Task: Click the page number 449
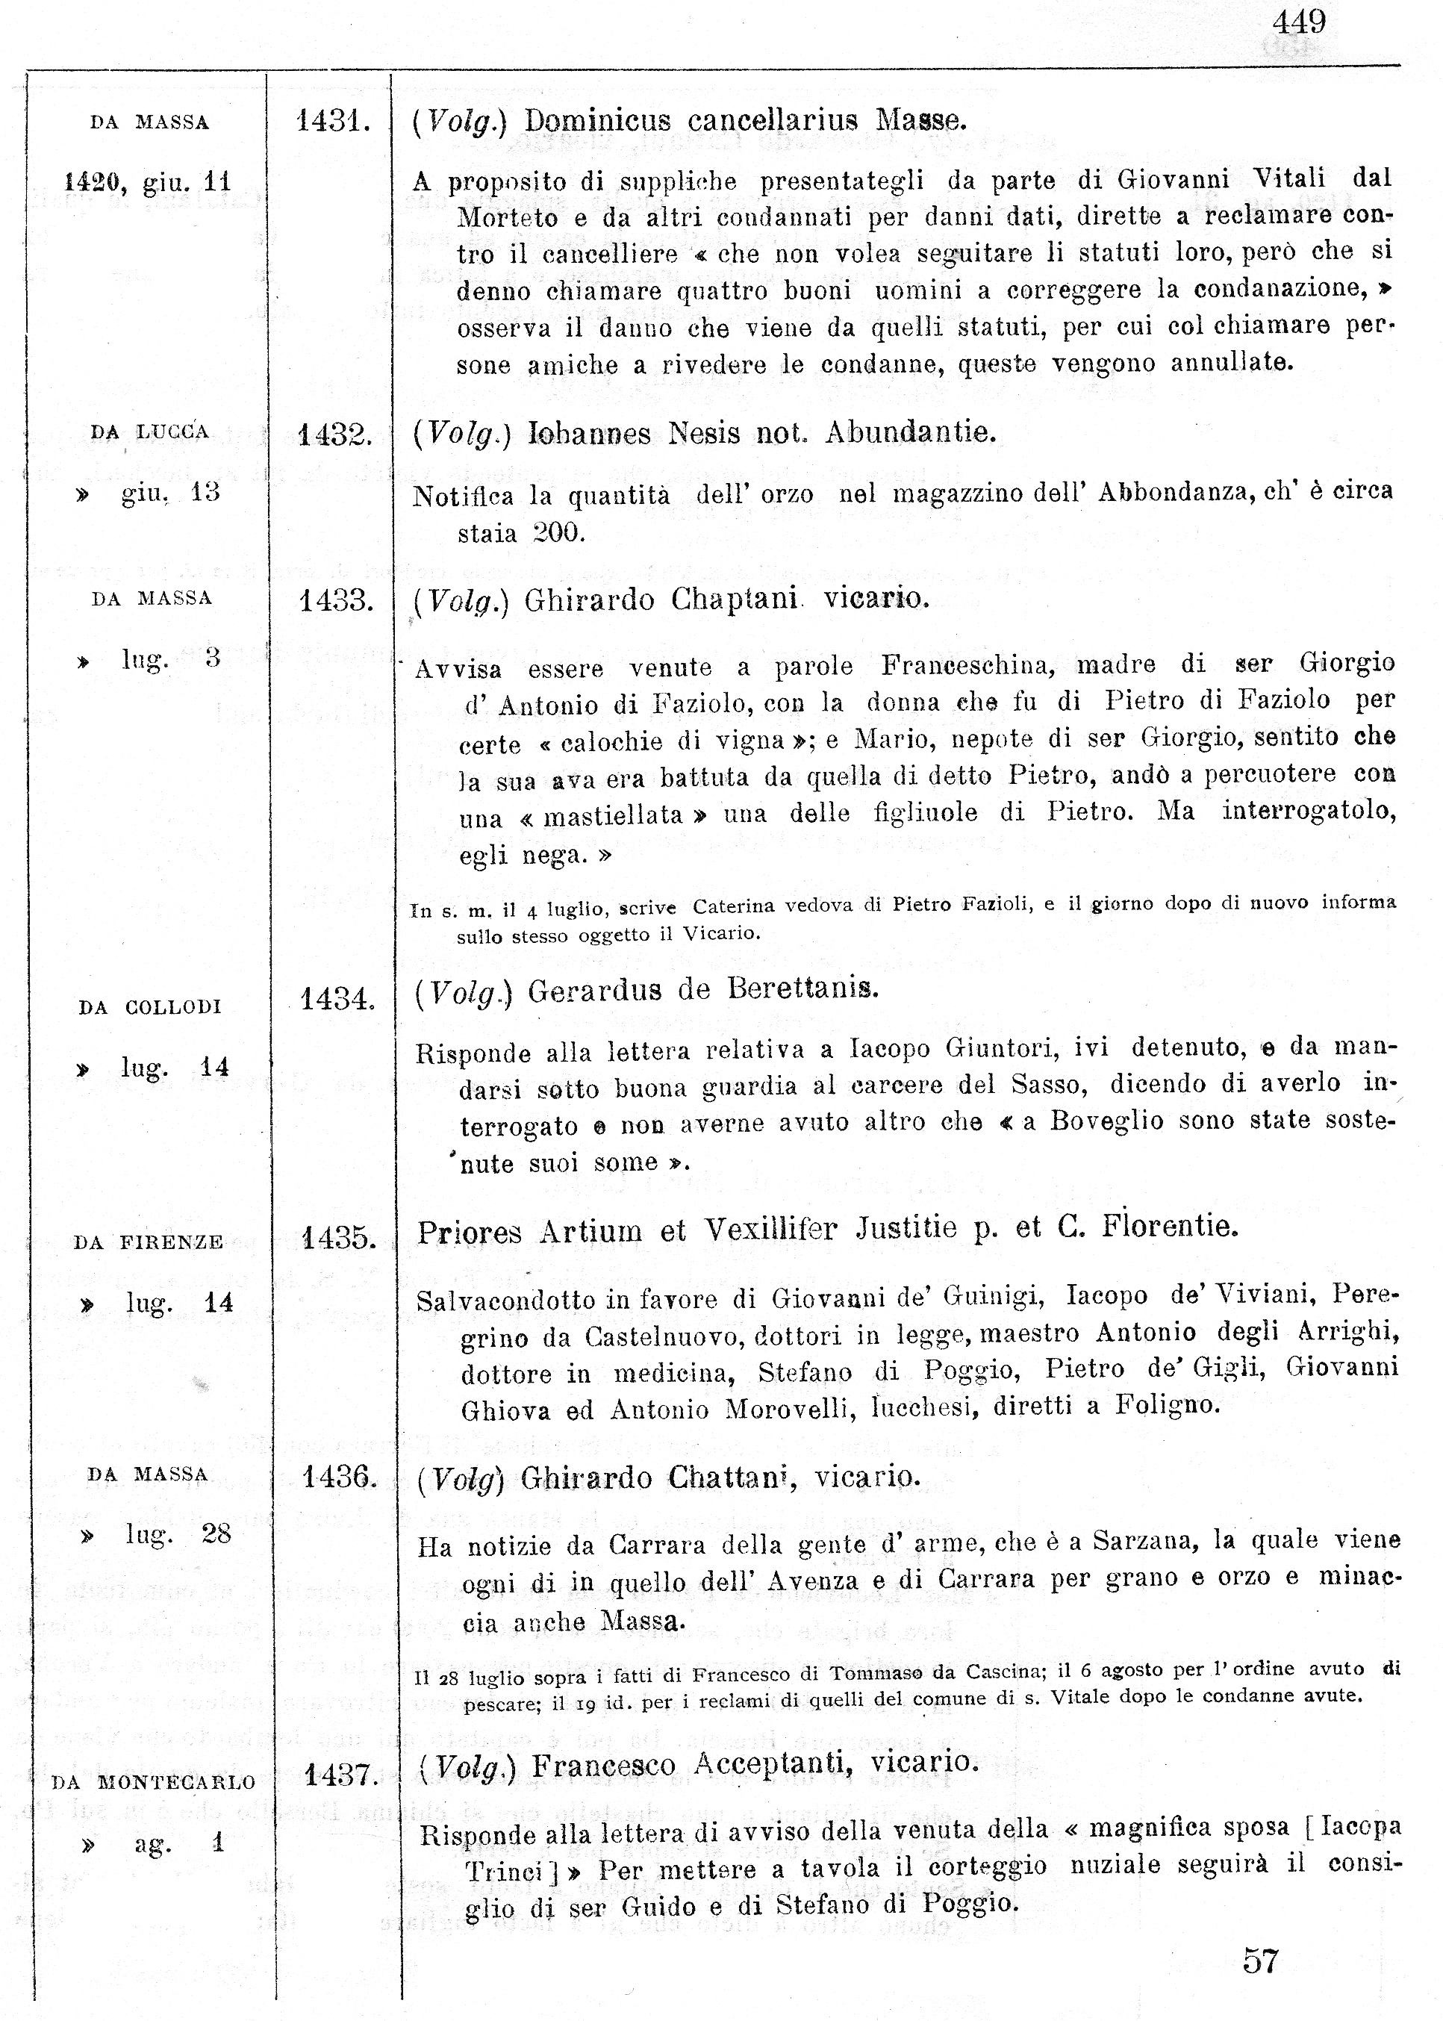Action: click(x=1299, y=22)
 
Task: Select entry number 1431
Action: click(x=332, y=121)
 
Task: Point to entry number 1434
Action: click(x=337, y=1000)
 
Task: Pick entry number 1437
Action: click(x=341, y=1775)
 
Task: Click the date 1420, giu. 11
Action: click(x=148, y=183)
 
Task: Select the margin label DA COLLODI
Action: click(x=149, y=1008)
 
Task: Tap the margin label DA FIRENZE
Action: click(x=149, y=1242)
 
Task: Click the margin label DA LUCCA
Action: click(x=149, y=433)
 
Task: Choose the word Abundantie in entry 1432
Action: click(x=910, y=433)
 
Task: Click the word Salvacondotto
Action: click(x=509, y=1301)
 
